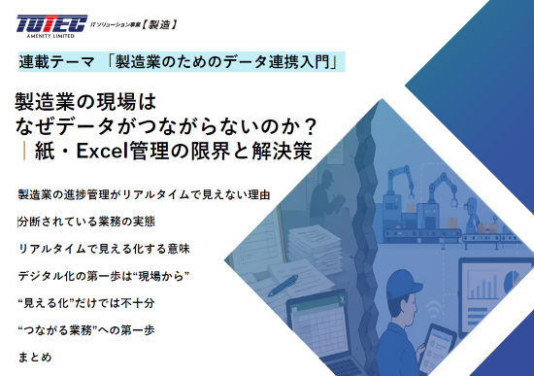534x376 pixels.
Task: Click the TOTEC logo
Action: pos(52,26)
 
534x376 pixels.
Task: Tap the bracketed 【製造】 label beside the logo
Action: pos(159,24)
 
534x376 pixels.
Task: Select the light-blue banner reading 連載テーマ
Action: pos(182,62)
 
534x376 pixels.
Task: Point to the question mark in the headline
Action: pos(309,126)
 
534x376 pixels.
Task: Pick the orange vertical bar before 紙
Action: pos(24,151)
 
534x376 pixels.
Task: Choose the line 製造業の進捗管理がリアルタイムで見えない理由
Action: pos(144,194)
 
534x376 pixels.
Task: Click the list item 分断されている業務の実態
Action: pos(86,222)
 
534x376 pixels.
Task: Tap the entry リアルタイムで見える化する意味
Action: pos(104,249)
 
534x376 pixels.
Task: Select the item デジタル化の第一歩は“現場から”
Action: pos(104,276)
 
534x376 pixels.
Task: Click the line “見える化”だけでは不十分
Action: pos(86,303)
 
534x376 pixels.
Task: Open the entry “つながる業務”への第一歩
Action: pos(86,330)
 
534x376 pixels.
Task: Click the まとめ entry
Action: pos(35,357)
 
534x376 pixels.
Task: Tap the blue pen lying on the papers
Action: pos(283,286)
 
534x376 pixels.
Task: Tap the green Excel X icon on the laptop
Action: pos(342,300)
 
